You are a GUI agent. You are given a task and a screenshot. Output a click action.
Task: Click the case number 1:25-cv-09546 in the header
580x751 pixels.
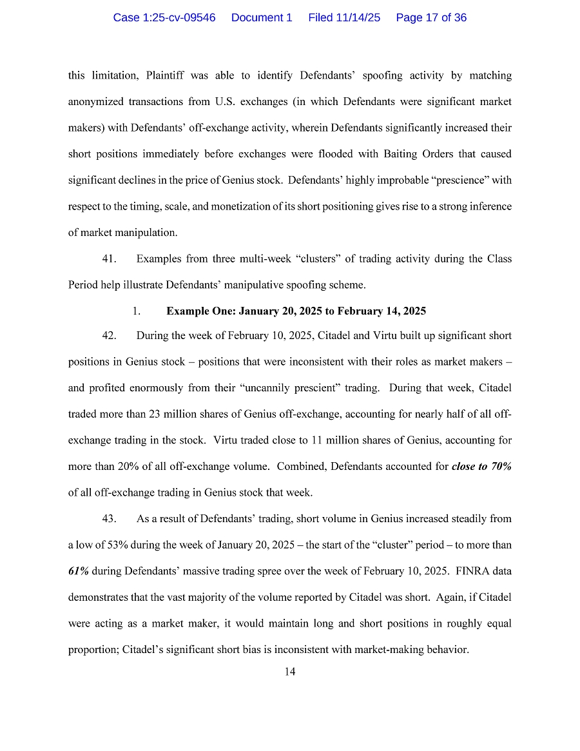pos(164,18)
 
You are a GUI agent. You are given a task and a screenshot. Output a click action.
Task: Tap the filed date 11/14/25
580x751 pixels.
pos(344,18)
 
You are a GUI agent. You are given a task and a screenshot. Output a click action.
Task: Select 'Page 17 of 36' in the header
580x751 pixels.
pos(431,18)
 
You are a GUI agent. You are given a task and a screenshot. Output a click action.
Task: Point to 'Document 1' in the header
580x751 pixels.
pos(262,18)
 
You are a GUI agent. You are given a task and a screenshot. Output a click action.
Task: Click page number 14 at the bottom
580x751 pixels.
pos(290,672)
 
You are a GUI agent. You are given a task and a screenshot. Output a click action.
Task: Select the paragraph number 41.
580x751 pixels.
pos(109,259)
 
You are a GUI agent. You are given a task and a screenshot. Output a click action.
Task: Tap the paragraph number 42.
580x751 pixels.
pos(109,336)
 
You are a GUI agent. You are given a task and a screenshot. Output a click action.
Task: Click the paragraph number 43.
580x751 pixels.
pos(109,519)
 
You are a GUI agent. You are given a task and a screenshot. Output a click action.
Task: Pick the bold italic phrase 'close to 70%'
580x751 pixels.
pos(481,467)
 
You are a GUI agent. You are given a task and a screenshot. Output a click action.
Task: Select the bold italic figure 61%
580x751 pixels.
pos(78,571)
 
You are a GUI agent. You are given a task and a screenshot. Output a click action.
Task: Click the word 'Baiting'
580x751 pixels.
pos(403,155)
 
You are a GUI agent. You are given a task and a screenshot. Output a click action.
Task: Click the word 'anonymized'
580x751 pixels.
pos(95,102)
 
